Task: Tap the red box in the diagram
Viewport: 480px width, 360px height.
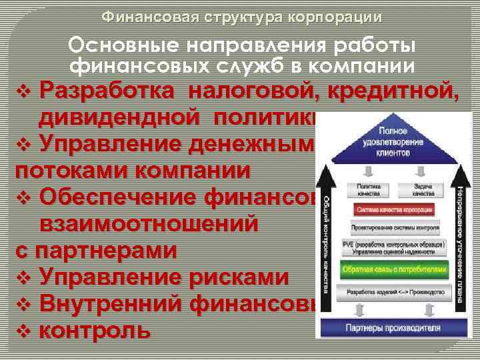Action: [393, 208]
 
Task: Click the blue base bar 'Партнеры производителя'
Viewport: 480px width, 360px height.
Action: [393, 328]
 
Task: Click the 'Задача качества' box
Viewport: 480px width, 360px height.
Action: [419, 191]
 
